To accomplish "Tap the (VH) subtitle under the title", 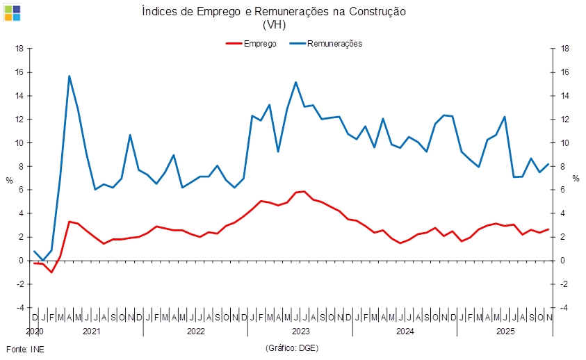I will pyautogui.click(x=274, y=24).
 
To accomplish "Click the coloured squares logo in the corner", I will pyautogui.click(x=12, y=12).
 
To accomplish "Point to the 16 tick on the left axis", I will pyautogui.click(x=20, y=72).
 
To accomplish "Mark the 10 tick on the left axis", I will pyautogui.click(x=20, y=143).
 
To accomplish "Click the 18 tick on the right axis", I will pyautogui.click(x=565, y=49).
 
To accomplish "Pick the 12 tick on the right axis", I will pyautogui.click(x=565, y=120).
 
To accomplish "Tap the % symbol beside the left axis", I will pyautogui.click(x=9, y=179).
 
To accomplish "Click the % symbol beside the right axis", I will pyautogui.click(x=576, y=179).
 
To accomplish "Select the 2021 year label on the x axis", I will pyautogui.click(x=91, y=332).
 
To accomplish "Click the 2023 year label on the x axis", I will pyautogui.click(x=300, y=332).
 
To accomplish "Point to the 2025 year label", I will pyautogui.click(x=505, y=332).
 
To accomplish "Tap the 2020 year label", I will pyautogui.click(x=35, y=332).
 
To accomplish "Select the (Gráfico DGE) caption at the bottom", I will pyautogui.click(x=292, y=347).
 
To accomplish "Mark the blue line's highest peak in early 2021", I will pyautogui.click(x=69, y=76).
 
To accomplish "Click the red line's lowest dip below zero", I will pyautogui.click(x=51, y=272).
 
